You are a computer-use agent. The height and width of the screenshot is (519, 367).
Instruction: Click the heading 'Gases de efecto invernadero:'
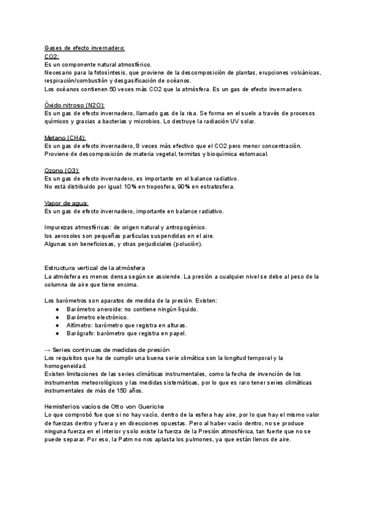pos(84,48)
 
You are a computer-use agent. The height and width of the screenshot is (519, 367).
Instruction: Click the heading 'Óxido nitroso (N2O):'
pos(75,105)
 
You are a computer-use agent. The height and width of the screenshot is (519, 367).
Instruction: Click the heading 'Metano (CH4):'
pos(65,138)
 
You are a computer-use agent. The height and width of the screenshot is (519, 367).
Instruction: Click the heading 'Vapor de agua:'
pos(67,203)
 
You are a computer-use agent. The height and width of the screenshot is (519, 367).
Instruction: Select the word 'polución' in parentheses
pos(187,244)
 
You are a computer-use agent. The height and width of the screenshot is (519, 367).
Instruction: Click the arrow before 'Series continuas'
pos(49,349)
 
